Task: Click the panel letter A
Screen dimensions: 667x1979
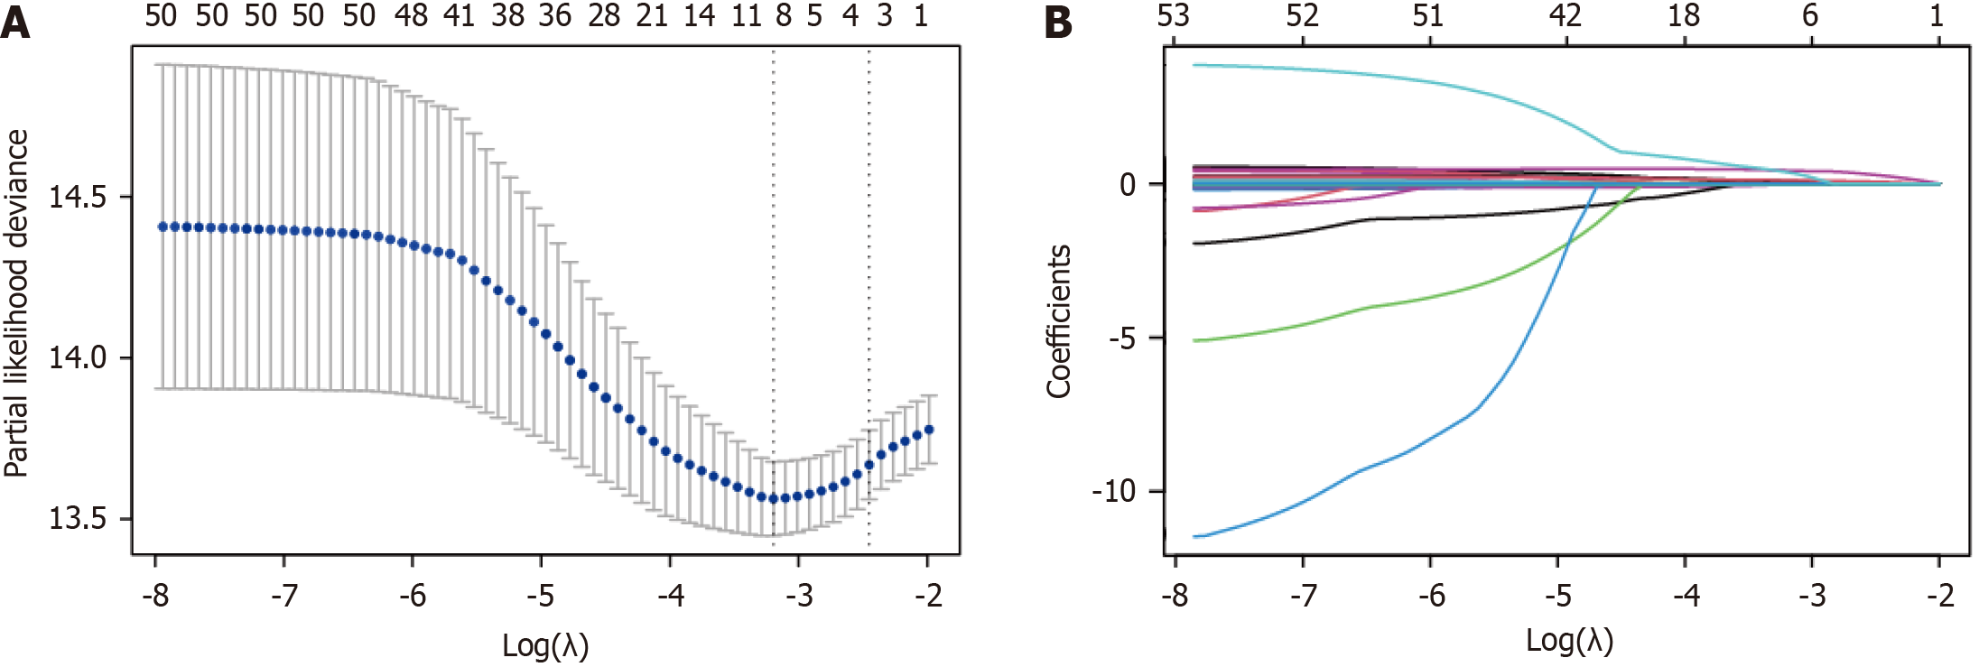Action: tap(15, 23)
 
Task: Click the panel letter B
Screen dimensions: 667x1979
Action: tap(1058, 23)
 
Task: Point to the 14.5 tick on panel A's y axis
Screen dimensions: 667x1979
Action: tap(78, 197)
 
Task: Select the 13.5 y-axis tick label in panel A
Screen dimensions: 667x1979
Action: tap(78, 519)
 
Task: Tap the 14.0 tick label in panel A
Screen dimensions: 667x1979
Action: tap(78, 357)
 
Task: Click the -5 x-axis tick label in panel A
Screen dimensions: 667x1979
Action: tap(541, 596)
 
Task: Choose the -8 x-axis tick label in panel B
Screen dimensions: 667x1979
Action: tap(1174, 596)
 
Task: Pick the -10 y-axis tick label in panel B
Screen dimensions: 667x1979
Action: tap(1113, 492)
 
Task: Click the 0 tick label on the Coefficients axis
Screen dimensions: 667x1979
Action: tap(1128, 185)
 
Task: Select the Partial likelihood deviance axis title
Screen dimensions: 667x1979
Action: tap(16, 302)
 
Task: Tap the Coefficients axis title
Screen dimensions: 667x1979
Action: tap(1058, 321)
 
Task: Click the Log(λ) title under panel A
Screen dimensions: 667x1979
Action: tap(545, 645)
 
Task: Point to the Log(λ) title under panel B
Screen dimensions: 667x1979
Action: tap(1569, 641)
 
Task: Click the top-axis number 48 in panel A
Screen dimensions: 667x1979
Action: tap(411, 16)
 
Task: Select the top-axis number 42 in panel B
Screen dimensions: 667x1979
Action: tap(1566, 16)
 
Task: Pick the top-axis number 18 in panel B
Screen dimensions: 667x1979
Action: tap(1684, 16)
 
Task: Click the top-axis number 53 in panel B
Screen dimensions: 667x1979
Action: tap(1174, 16)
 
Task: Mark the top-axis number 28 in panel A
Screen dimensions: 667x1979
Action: tap(604, 16)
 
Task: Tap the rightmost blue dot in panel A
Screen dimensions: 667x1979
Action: tap(929, 430)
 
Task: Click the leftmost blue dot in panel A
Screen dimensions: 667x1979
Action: tap(163, 227)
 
